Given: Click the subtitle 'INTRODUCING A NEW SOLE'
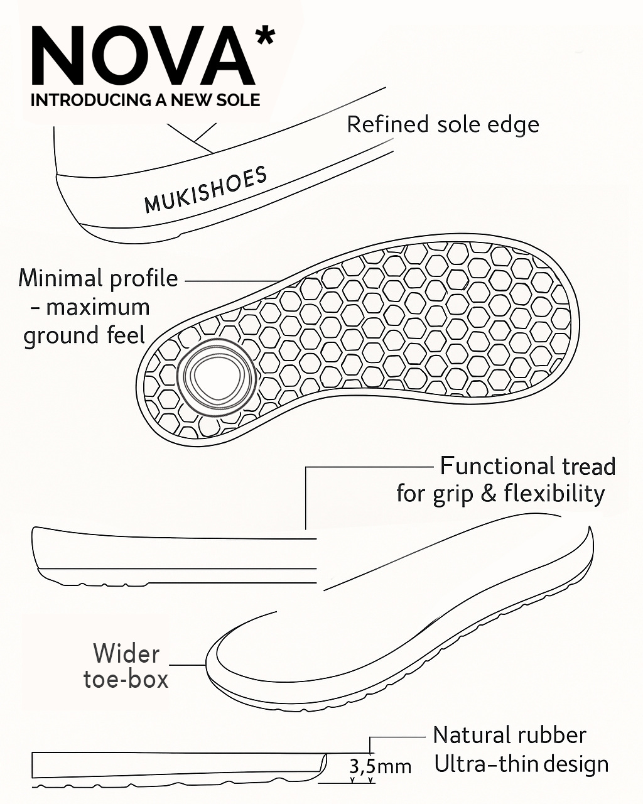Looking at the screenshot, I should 145,100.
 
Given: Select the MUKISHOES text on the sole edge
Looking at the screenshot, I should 205,190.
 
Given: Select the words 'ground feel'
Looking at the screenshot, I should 84,335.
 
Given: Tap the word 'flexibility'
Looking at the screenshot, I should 554,494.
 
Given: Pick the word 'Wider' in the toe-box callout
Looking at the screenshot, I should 126,653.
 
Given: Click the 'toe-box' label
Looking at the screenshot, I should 126,680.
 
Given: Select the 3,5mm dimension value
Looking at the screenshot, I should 380,766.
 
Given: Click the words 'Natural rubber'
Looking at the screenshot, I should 509,735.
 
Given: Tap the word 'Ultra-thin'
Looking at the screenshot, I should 486,764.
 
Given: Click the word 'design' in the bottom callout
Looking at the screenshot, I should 576,765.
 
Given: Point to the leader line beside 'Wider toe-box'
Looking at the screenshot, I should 188,665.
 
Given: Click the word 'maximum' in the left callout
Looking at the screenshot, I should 98,307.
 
